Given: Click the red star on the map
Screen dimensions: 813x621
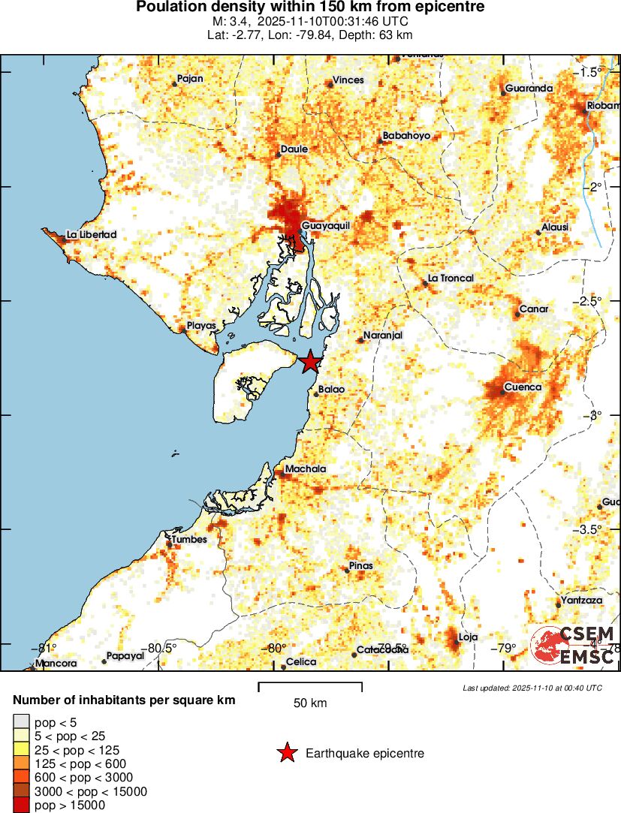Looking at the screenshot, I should click(x=310, y=363).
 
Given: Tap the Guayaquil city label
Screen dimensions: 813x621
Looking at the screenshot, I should click(x=326, y=225).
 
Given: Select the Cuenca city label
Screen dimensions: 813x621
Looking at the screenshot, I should click(x=522, y=387).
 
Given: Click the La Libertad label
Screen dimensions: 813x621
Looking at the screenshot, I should click(x=92, y=235).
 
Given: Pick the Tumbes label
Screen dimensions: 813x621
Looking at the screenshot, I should click(x=188, y=539).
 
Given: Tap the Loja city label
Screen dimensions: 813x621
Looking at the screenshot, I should click(x=468, y=637).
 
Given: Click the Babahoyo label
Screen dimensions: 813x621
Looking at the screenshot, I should click(x=406, y=136).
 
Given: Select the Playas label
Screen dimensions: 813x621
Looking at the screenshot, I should click(x=201, y=326).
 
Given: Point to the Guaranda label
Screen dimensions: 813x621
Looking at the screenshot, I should click(x=529, y=89).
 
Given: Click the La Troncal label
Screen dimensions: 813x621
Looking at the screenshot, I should click(x=451, y=279).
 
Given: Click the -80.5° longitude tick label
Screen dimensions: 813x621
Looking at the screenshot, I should click(x=161, y=649).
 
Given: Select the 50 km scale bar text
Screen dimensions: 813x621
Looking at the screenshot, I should click(x=310, y=703).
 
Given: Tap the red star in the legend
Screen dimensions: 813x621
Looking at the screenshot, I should click(x=286, y=753).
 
